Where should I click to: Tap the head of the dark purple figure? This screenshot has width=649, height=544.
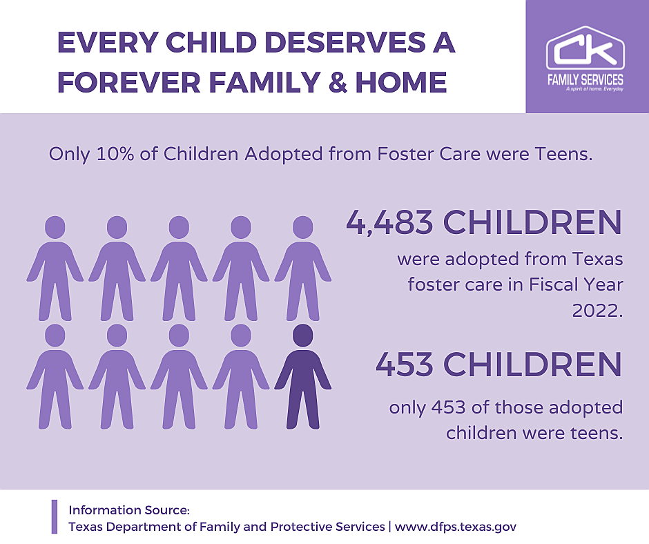click(x=303, y=336)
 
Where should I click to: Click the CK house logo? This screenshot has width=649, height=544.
click(x=585, y=48)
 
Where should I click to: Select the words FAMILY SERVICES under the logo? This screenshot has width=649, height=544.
click(x=585, y=79)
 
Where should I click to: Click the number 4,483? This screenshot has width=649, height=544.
click(x=389, y=222)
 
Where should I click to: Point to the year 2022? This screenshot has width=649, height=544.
click(x=597, y=311)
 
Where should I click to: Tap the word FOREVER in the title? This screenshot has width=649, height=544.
click(x=129, y=82)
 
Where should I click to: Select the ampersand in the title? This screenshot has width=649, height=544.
click(x=338, y=82)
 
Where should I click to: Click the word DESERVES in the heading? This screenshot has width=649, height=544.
click(x=346, y=42)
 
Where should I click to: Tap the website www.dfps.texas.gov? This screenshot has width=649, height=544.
click(x=455, y=527)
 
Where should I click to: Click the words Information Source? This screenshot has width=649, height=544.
click(x=128, y=510)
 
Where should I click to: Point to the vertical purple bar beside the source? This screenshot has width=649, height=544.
click(x=55, y=516)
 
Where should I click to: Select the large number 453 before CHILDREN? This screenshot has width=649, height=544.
click(x=405, y=365)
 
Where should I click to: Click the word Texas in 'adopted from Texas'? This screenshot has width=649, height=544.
click(x=598, y=259)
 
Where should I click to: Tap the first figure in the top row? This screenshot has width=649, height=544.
click(x=55, y=269)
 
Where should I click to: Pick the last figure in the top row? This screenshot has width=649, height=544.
click(x=303, y=269)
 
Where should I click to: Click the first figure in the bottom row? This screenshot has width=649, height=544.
click(x=55, y=377)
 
